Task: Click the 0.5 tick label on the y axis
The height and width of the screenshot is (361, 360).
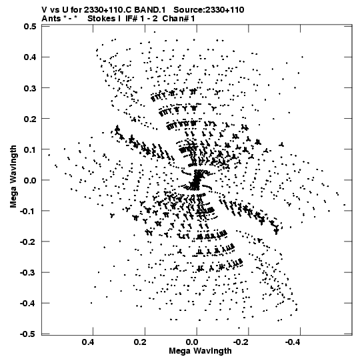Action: (30, 27)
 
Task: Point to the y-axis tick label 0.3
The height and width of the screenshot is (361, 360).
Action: (30, 88)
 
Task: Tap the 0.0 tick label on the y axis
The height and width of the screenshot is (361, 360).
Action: (30, 180)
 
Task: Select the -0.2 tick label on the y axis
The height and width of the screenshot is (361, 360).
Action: (28, 242)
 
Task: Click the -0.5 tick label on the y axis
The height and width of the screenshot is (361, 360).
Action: (28, 334)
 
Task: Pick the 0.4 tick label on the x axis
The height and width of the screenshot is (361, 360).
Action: (88, 342)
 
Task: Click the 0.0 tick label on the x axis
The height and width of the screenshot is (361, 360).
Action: (191, 342)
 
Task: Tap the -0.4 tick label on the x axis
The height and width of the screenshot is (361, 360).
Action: (293, 342)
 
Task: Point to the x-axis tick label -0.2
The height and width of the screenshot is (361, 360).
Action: (241, 342)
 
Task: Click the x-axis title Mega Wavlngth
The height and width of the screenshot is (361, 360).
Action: (200, 351)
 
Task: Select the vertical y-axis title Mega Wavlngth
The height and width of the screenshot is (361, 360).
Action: (13, 176)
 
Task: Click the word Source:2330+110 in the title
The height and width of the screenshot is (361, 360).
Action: (209, 10)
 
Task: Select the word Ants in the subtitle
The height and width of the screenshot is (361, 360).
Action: (51, 19)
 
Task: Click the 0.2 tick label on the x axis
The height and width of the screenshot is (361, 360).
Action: (139, 342)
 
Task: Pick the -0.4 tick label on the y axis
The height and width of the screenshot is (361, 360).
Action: (28, 303)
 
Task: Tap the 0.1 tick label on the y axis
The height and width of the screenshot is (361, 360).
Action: (30, 149)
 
